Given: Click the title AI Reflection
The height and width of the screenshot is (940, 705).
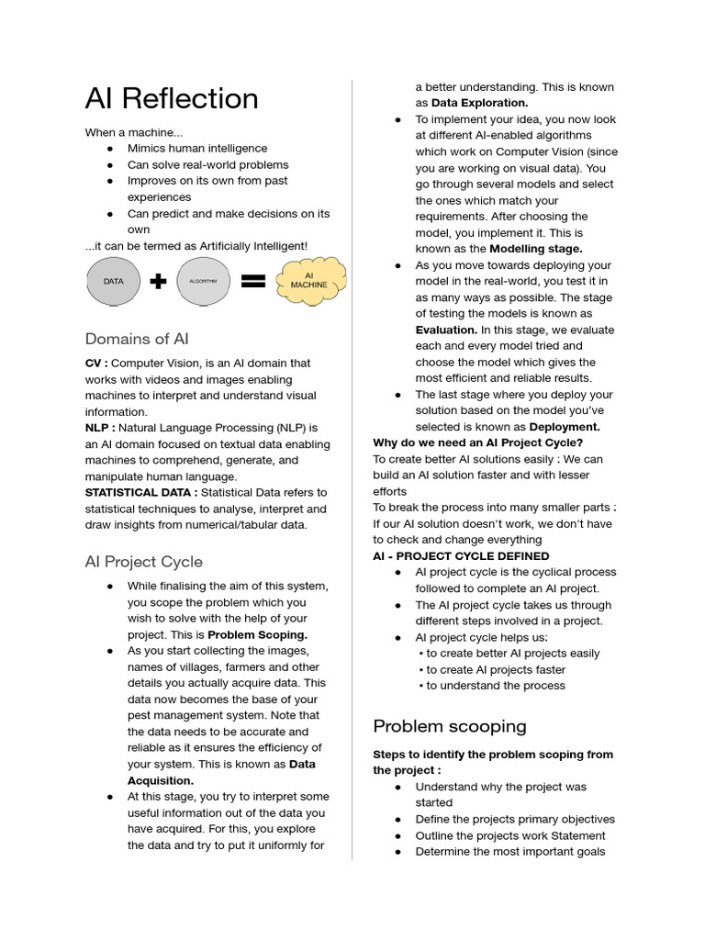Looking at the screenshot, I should point(172,98).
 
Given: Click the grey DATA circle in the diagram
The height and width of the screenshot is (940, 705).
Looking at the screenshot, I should point(113,282).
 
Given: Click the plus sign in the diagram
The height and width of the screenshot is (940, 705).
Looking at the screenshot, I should point(158,282).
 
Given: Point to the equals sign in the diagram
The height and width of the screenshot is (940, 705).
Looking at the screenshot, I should point(252,282).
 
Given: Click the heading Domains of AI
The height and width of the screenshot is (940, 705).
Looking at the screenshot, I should point(137,339).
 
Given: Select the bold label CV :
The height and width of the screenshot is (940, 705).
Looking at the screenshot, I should point(96,364).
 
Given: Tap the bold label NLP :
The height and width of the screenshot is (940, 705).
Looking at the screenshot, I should point(100,428).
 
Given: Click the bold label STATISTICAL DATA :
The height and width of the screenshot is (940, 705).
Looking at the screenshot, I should point(141,492).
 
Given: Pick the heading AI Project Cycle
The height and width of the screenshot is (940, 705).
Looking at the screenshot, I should point(144,561).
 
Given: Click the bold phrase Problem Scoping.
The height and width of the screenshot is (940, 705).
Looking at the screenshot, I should point(258,634).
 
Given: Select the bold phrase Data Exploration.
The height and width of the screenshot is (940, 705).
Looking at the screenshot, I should point(479,103).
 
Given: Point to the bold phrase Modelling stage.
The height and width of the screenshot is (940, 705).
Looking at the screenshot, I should point(535,249).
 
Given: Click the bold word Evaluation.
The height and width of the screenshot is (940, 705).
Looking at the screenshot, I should point(446,330).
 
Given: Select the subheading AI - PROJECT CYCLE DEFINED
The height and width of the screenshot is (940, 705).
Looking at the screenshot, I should point(461,556).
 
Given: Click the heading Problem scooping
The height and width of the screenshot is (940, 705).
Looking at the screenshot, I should point(450,726).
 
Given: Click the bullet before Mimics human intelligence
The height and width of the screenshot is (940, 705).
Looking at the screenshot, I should point(110,149).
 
